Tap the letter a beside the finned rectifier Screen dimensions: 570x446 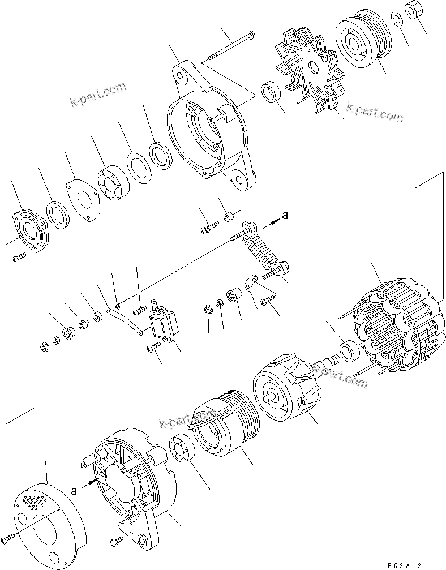(x=285, y=215)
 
